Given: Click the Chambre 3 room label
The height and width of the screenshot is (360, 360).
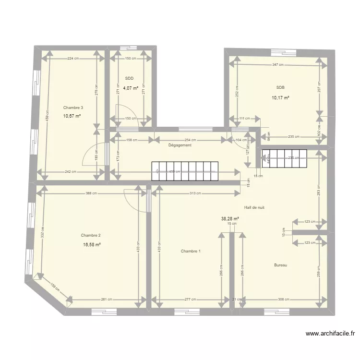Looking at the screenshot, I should (73, 108).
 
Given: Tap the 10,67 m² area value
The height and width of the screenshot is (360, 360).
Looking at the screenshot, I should (72, 116).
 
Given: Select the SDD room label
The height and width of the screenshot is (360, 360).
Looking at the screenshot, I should (129, 78).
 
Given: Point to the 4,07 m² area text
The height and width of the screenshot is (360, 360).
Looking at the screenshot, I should (130, 88).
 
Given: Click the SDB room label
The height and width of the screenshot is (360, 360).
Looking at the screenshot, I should (280, 87).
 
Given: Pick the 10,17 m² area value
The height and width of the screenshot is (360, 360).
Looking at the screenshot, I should (281, 98).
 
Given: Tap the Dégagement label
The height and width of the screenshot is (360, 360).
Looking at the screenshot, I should (180, 145).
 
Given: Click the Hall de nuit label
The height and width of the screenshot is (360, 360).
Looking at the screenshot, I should (254, 207).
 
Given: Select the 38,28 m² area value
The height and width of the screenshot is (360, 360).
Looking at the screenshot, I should (230, 218).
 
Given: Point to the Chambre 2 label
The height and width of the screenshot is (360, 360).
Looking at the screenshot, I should (91, 235).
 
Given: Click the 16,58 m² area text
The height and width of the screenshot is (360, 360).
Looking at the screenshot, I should (92, 244).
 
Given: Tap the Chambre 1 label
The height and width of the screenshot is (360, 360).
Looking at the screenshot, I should (191, 252).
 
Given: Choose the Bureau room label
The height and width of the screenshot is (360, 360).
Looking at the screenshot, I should (281, 265).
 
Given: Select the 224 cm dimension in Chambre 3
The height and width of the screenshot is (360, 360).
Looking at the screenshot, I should (72, 59).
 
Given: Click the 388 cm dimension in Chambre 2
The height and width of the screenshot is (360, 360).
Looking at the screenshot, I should (92, 193).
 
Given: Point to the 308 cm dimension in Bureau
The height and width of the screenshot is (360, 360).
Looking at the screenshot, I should (283, 300).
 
